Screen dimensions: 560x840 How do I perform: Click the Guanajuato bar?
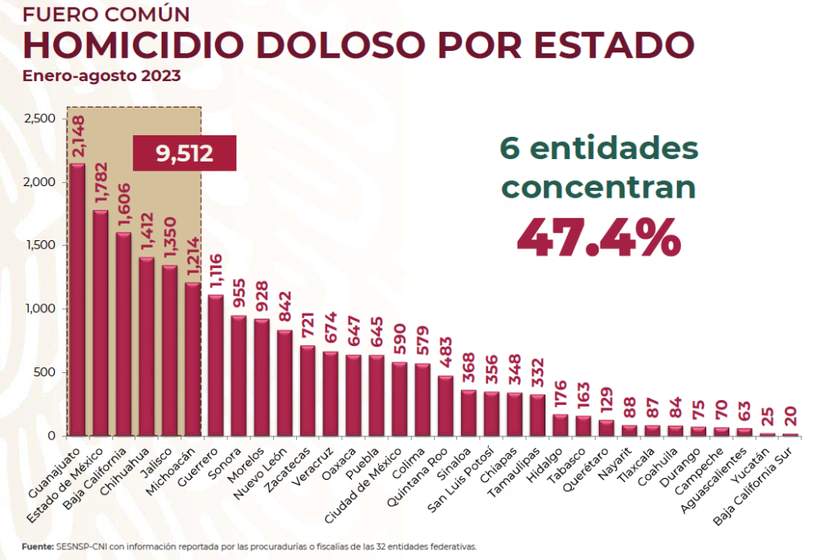pos(77,299)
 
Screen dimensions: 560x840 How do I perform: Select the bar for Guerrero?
pos(215,365)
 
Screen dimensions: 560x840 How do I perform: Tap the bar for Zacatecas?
pos(307,390)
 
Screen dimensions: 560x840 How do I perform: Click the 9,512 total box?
pos(185,153)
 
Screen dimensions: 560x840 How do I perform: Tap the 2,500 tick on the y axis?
pos(39,119)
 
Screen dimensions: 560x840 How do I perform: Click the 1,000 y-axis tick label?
pos(39,309)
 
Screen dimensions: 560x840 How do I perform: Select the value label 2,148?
pos(78,137)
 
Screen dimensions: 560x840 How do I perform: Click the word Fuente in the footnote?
pos(38,545)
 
